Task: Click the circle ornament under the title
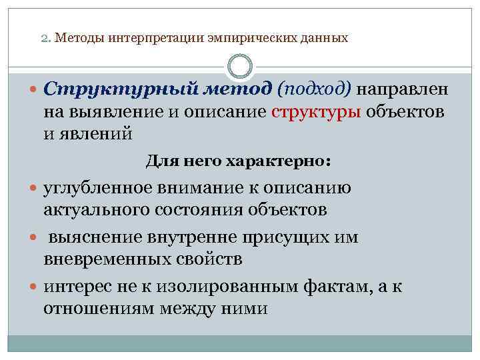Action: [240, 67]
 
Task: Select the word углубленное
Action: [96, 188]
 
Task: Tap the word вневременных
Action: [96, 259]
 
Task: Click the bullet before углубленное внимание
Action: [33, 189]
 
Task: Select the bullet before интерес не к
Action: [33, 287]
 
